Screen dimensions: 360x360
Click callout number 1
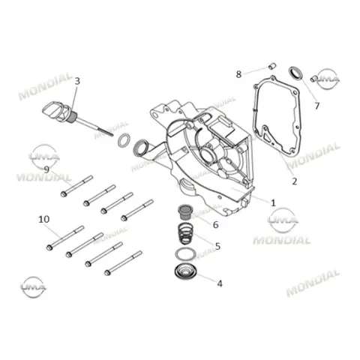273,202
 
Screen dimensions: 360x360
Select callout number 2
295,181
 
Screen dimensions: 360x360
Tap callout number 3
77,81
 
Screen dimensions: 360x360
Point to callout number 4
220,283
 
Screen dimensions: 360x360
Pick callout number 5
217,246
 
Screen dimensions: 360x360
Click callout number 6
215,225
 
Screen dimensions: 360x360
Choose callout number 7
317,106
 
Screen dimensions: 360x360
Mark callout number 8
238,74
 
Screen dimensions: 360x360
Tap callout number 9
46,169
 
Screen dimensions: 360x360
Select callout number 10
44,220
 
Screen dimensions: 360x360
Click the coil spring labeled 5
186,234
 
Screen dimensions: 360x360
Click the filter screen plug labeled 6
184,212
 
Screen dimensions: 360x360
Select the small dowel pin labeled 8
272,66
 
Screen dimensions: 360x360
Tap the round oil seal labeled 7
295,73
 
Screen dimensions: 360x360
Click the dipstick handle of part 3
57,111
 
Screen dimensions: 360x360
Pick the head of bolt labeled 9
64,193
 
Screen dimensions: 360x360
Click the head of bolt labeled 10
49,247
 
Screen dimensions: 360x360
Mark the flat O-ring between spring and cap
185,255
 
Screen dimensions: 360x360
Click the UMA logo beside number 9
44,157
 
